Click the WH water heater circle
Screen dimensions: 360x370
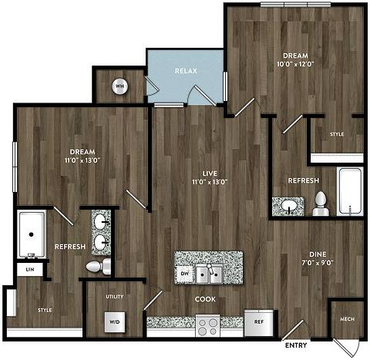(x=120, y=86)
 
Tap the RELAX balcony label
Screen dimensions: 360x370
(x=186, y=70)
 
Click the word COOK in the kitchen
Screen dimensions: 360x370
(x=205, y=299)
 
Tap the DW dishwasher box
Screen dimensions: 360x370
(x=184, y=273)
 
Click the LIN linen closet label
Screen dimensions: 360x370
(x=30, y=269)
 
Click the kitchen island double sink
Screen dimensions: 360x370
(x=209, y=272)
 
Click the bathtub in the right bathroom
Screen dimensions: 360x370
(x=350, y=193)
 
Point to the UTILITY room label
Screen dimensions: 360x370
(x=115, y=295)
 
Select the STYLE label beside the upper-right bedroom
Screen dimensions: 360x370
(x=337, y=134)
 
